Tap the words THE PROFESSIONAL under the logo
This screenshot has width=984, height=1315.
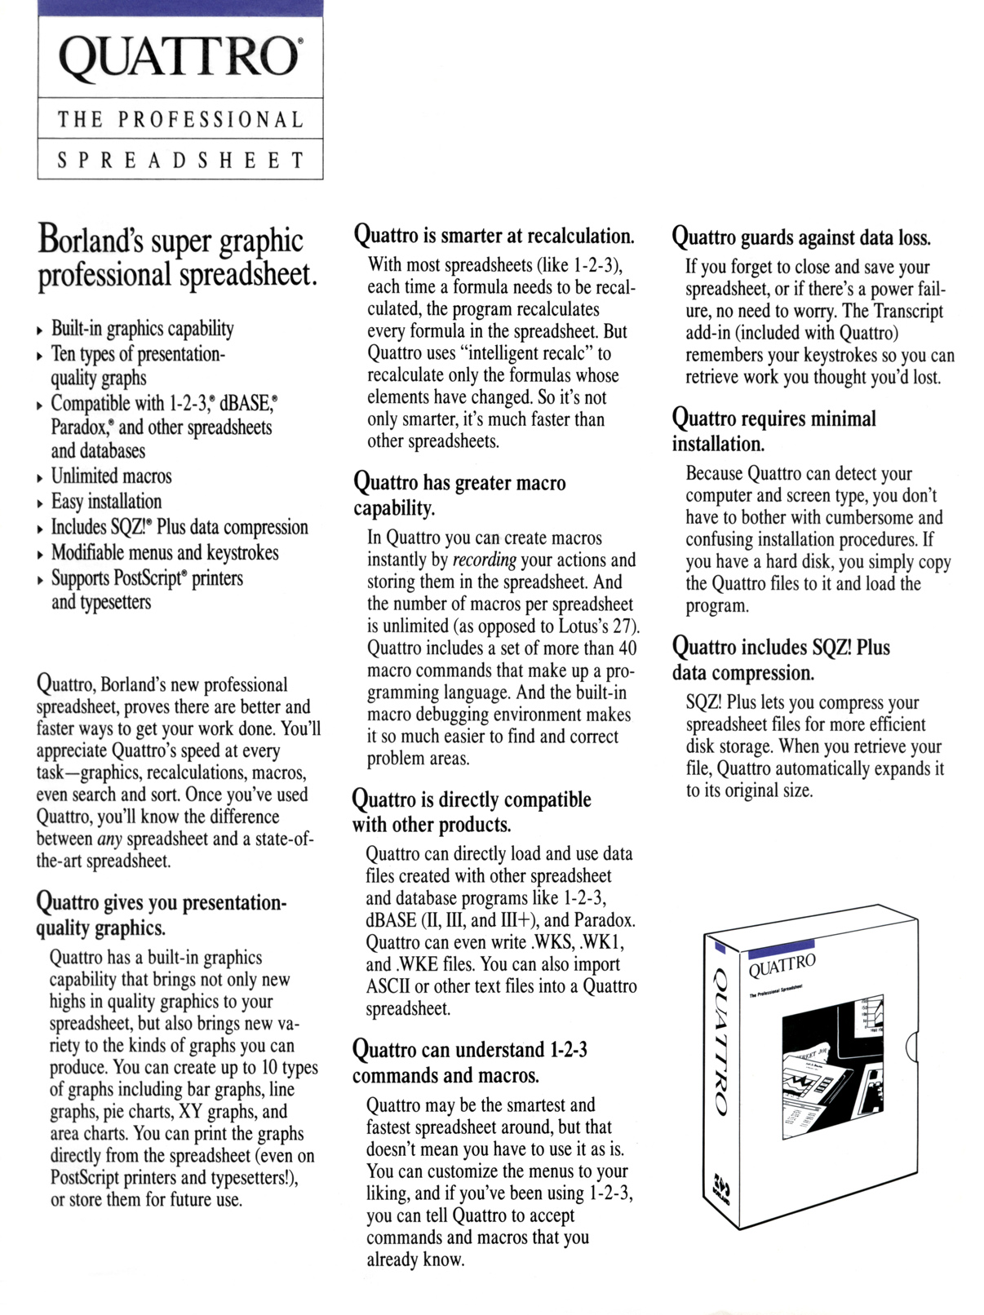pyautogui.click(x=180, y=120)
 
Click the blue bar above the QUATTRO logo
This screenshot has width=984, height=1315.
pyautogui.click(x=180, y=8)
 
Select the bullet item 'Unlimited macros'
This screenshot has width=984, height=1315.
pyautogui.click(x=111, y=476)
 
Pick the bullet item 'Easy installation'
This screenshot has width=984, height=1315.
pyautogui.click(x=106, y=502)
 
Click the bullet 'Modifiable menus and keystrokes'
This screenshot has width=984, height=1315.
pyautogui.click(x=165, y=553)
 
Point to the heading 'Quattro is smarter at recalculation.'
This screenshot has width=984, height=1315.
pyautogui.click(x=494, y=237)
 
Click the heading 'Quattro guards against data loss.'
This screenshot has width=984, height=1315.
pyautogui.click(x=800, y=238)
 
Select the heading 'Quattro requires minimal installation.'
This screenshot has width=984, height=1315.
pyautogui.click(x=773, y=431)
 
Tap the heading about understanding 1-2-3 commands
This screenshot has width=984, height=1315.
pyautogui.click(x=469, y=1062)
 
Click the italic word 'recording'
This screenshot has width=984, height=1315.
pyautogui.click(x=484, y=560)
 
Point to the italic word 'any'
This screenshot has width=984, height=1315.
pyautogui.click(x=109, y=839)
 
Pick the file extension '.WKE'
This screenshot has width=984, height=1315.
pyautogui.click(x=393, y=965)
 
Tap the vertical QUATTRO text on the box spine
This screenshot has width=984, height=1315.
pyautogui.click(x=719, y=1040)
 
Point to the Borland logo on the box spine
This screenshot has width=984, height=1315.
pyautogui.click(x=720, y=1188)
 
